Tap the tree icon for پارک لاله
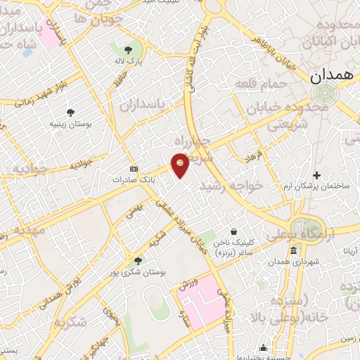[x=128, y=49]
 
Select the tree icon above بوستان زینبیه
[x=70, y=112]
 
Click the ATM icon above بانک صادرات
[x=134, y=169]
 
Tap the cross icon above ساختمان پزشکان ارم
[x=317, y=175]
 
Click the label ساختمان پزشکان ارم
[x=317, y=186]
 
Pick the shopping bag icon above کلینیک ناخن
[x=234, y=231]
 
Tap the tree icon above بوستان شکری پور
[x=148, y=260]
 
